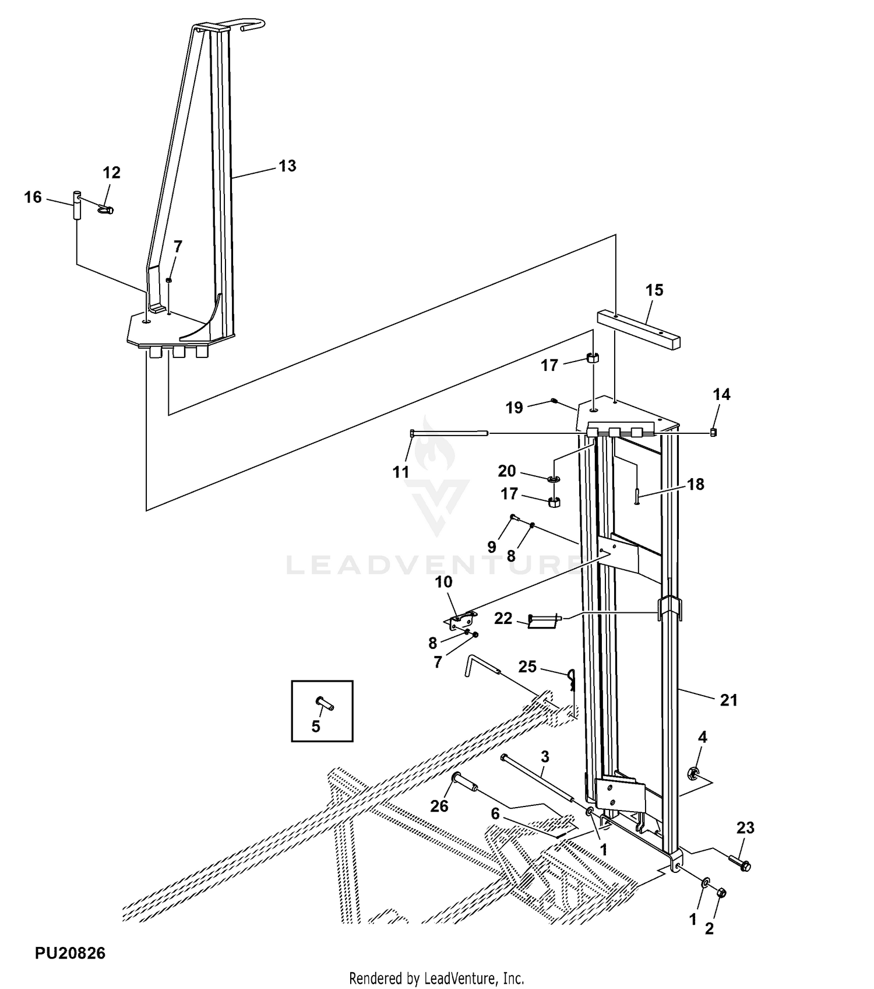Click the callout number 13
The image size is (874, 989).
(287, 166)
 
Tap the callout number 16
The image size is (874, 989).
(33, 198)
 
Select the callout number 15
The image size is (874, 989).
(654, 290)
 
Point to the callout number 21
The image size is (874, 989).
(729, 700)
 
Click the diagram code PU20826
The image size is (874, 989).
(70, 953)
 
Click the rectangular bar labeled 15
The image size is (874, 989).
(639, 330)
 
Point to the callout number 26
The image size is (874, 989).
(439, 806)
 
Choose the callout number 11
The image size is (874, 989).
(401, 472)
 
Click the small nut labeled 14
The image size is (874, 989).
(713, 432)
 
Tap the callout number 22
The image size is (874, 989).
(503, 618)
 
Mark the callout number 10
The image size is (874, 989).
(443, 582)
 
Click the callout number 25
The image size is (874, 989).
(527, 667)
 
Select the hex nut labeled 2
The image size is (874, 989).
(721, 892)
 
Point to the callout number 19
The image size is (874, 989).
(514, 408)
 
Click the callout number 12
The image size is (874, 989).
(111, 173)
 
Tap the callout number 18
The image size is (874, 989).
(696, 485)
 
